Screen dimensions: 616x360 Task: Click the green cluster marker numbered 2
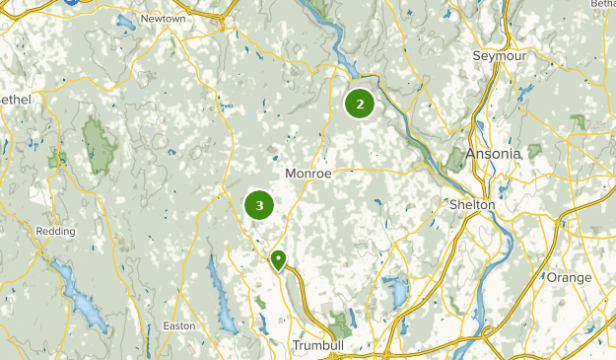point(360,104)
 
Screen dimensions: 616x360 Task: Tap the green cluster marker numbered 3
point(259,205)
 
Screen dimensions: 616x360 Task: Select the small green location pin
point(279,259)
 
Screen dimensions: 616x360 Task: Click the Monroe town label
point(308,173)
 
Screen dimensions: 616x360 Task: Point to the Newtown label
point(162,19)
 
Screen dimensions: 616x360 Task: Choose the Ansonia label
point(494,155)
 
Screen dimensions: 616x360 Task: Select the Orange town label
point(570,277)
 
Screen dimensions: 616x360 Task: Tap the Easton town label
point(179,325)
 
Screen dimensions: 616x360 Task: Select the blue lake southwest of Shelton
point(396,290)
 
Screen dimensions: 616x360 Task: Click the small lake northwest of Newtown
point(125,22)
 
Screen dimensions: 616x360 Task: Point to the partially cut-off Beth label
point(603,5)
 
